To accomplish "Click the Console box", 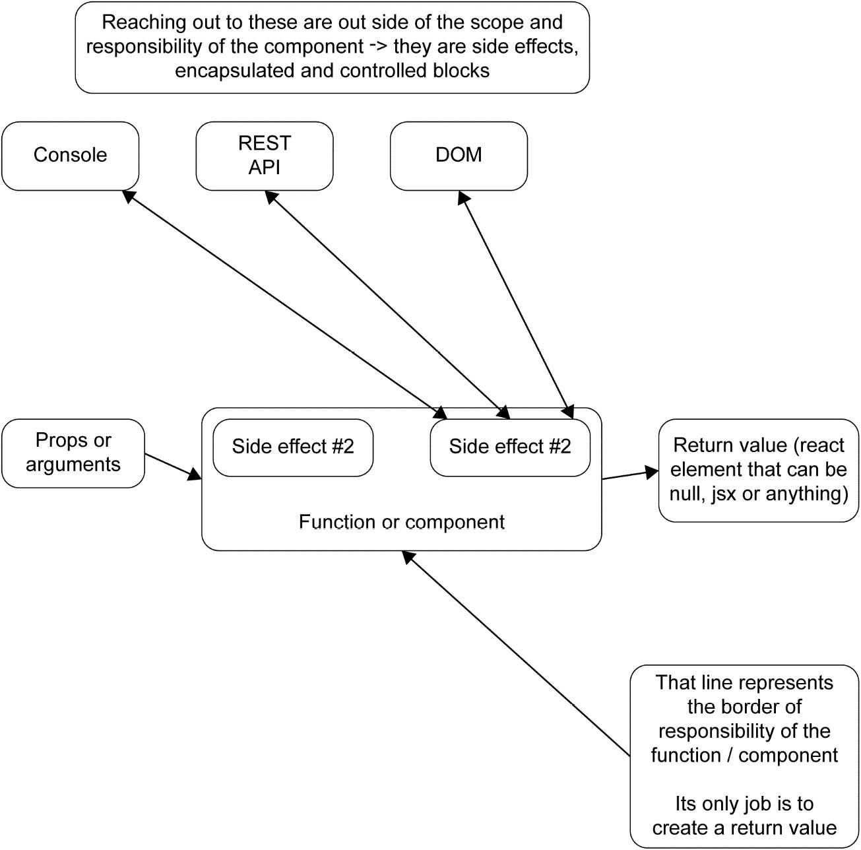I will point(70,156).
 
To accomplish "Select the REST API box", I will point(264,156).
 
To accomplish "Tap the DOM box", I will point(459,156).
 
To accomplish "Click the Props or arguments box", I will point(73,453).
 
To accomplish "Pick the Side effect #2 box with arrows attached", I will point(509,447).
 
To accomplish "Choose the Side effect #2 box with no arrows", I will point(293,447).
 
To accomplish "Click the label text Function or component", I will point(401,522).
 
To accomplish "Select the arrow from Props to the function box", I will point(173,466).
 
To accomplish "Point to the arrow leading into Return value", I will point(630,474).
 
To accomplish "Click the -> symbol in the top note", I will point(379,46).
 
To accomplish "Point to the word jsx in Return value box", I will point(724,494).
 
